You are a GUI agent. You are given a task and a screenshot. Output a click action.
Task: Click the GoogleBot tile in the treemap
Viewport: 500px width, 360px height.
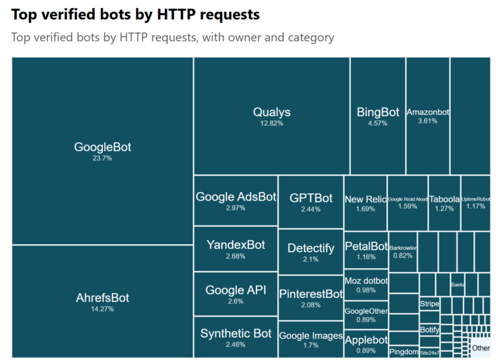point(102,150)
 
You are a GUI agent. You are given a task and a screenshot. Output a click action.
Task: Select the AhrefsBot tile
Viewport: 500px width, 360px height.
point(102,301)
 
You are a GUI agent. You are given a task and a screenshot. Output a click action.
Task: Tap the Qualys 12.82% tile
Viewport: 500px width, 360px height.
point(271,116)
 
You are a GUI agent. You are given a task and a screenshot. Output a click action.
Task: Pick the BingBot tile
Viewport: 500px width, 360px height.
point(378,116)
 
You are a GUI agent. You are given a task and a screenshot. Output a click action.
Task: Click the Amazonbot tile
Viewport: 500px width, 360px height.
point(428,116)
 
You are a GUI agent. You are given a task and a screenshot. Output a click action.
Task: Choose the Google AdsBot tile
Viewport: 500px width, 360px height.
point(236,201)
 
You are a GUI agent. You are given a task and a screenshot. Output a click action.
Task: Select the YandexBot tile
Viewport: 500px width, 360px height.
point(236,249)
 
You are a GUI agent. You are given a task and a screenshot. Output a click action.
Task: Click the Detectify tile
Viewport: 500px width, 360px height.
point(311,251)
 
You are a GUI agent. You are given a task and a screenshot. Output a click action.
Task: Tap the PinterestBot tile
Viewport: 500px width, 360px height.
point(311,298)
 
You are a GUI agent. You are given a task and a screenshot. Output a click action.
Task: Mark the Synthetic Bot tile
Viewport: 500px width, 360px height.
point(236,337)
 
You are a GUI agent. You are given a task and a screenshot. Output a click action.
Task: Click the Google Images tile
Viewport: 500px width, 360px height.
point(311,339)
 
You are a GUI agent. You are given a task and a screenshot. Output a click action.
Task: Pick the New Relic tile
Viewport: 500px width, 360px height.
point(365,203)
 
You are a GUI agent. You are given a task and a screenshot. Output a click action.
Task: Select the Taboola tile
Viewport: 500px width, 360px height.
point(444,203)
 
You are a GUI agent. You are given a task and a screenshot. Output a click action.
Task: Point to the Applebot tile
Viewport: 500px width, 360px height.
point(365,343)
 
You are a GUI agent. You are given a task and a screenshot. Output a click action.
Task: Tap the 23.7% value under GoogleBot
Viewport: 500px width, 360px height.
point(102,158)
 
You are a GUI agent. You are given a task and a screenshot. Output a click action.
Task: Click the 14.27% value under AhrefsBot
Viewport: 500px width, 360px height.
point(102,309)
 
